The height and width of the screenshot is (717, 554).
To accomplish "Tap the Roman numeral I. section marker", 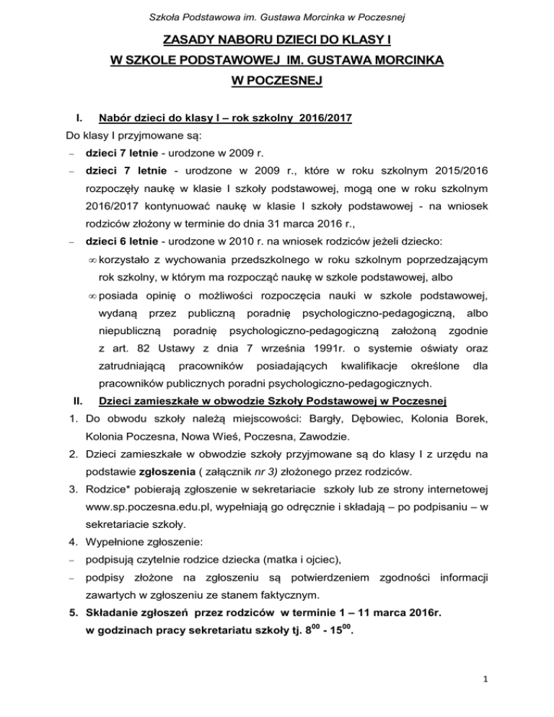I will pos(71,117).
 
